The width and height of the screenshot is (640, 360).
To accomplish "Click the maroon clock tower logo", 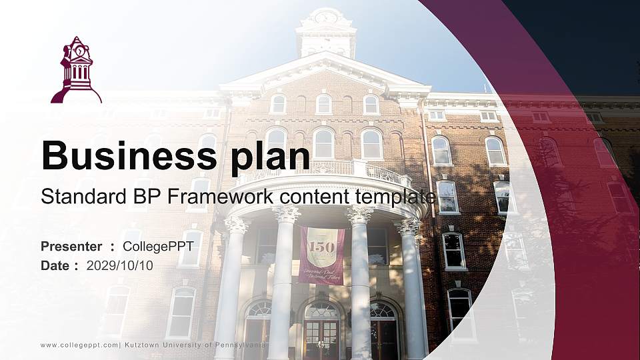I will (76, 71).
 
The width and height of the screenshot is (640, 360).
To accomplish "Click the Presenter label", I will (71, 247).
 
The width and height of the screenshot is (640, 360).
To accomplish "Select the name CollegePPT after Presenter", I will (158, 247).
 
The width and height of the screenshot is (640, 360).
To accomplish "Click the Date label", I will (55, 265).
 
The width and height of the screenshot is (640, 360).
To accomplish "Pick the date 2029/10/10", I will (119, 265).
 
